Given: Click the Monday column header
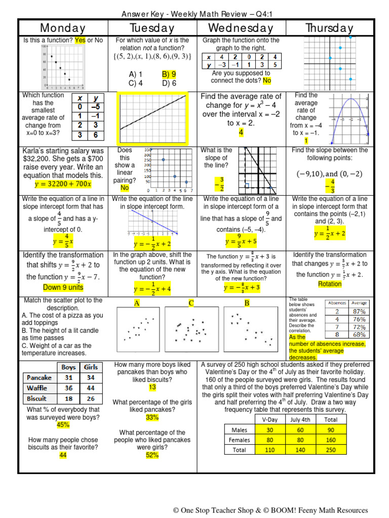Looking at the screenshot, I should (63, 28).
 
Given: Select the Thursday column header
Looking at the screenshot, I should (329, 28).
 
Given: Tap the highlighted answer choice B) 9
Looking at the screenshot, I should (169, 74).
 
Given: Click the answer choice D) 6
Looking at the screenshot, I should (169, 83).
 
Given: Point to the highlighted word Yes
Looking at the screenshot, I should (81, 40).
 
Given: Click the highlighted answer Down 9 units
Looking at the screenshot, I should (63, 287).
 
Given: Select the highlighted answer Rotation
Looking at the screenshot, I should (330, 284).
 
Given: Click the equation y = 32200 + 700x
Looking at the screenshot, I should (63, 183).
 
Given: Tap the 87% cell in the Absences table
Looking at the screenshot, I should (359, 312).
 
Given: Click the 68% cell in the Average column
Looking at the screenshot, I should (359, 334).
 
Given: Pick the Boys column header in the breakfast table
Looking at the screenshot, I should (69, 367).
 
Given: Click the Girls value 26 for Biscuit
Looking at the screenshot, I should (91, 399).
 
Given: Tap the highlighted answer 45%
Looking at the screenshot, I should (63, 425).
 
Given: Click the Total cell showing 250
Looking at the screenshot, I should (330, 450).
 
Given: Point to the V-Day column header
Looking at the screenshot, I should (269, 419).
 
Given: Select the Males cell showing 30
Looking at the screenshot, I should (269, 429).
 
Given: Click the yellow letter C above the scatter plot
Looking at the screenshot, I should (191, 303).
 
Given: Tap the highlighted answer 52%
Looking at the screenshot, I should (152, 455).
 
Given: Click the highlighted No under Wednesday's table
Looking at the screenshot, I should (267, 80).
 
